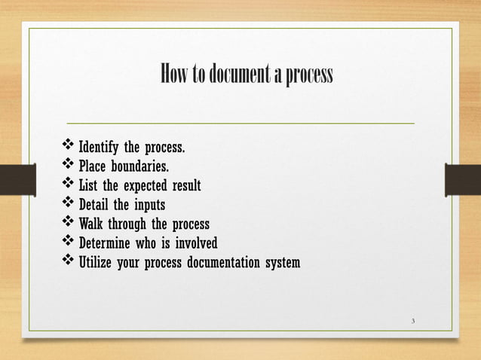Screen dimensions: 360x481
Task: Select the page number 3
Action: click(413, 322)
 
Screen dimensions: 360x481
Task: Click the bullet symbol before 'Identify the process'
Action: click(67, 145)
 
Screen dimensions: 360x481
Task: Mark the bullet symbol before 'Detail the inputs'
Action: click(67, 204)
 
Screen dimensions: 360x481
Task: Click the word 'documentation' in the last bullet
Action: click(219, 264)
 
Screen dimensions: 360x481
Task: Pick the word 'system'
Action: click(282, 264)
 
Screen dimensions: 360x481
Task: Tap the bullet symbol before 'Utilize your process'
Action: click(67, 263)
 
